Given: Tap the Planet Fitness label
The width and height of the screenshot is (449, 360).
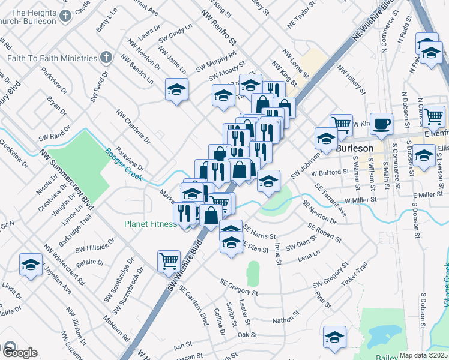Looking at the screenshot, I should click(x=151, y=224).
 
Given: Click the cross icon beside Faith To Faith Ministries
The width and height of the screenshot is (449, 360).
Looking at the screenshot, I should click(x=106, y=58).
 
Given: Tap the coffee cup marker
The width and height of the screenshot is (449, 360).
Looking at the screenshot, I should click(x=381, y=125).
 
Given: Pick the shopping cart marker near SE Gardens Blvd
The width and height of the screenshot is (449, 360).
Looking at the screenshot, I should click(x=169, y=261).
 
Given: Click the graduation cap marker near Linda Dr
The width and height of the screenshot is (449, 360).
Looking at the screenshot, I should click(x=31, y=264).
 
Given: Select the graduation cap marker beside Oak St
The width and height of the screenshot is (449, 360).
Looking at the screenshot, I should click(x=334, y=337).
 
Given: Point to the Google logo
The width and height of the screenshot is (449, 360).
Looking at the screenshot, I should click(x=19, y=353).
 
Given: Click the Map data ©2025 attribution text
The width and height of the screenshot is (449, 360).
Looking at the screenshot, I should click(x=423, y=355).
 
